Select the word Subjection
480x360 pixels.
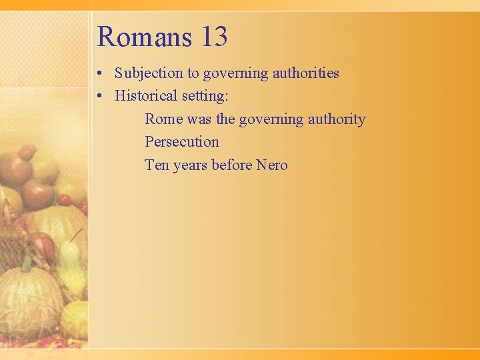[149, 73]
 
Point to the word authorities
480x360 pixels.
[306, 73]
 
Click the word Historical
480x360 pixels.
[142, 96]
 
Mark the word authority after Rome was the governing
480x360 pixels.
[337, 119]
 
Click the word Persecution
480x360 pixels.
[182, 142]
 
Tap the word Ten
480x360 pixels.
[157, 165]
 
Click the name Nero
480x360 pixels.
[272, 165]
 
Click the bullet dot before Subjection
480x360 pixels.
[99, 74]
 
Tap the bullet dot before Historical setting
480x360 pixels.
[99, 97]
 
